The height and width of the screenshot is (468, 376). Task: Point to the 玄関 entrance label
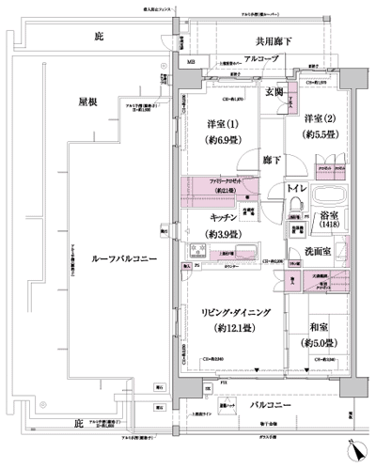pyautogui.click(x=275, y=91)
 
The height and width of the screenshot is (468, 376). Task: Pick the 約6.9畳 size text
pyautogui.click(x=222, y=141)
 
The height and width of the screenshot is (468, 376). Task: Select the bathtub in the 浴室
pyautogui.click(x=329, y=200)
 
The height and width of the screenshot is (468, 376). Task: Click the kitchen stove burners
pyautogui.click(x=200, y=250)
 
